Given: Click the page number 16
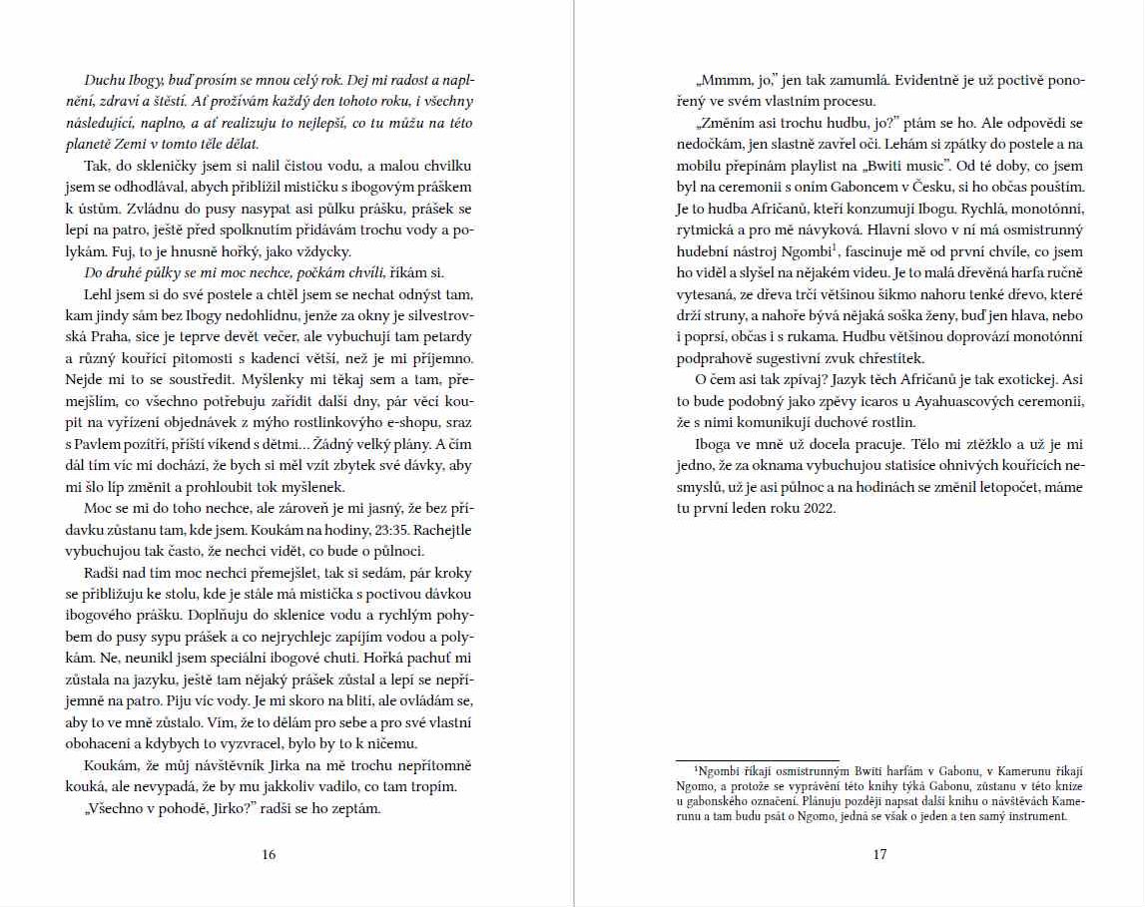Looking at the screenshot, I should tap(269, 854).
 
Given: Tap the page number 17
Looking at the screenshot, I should tap(879, 854).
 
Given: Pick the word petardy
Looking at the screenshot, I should tap(446, 336).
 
